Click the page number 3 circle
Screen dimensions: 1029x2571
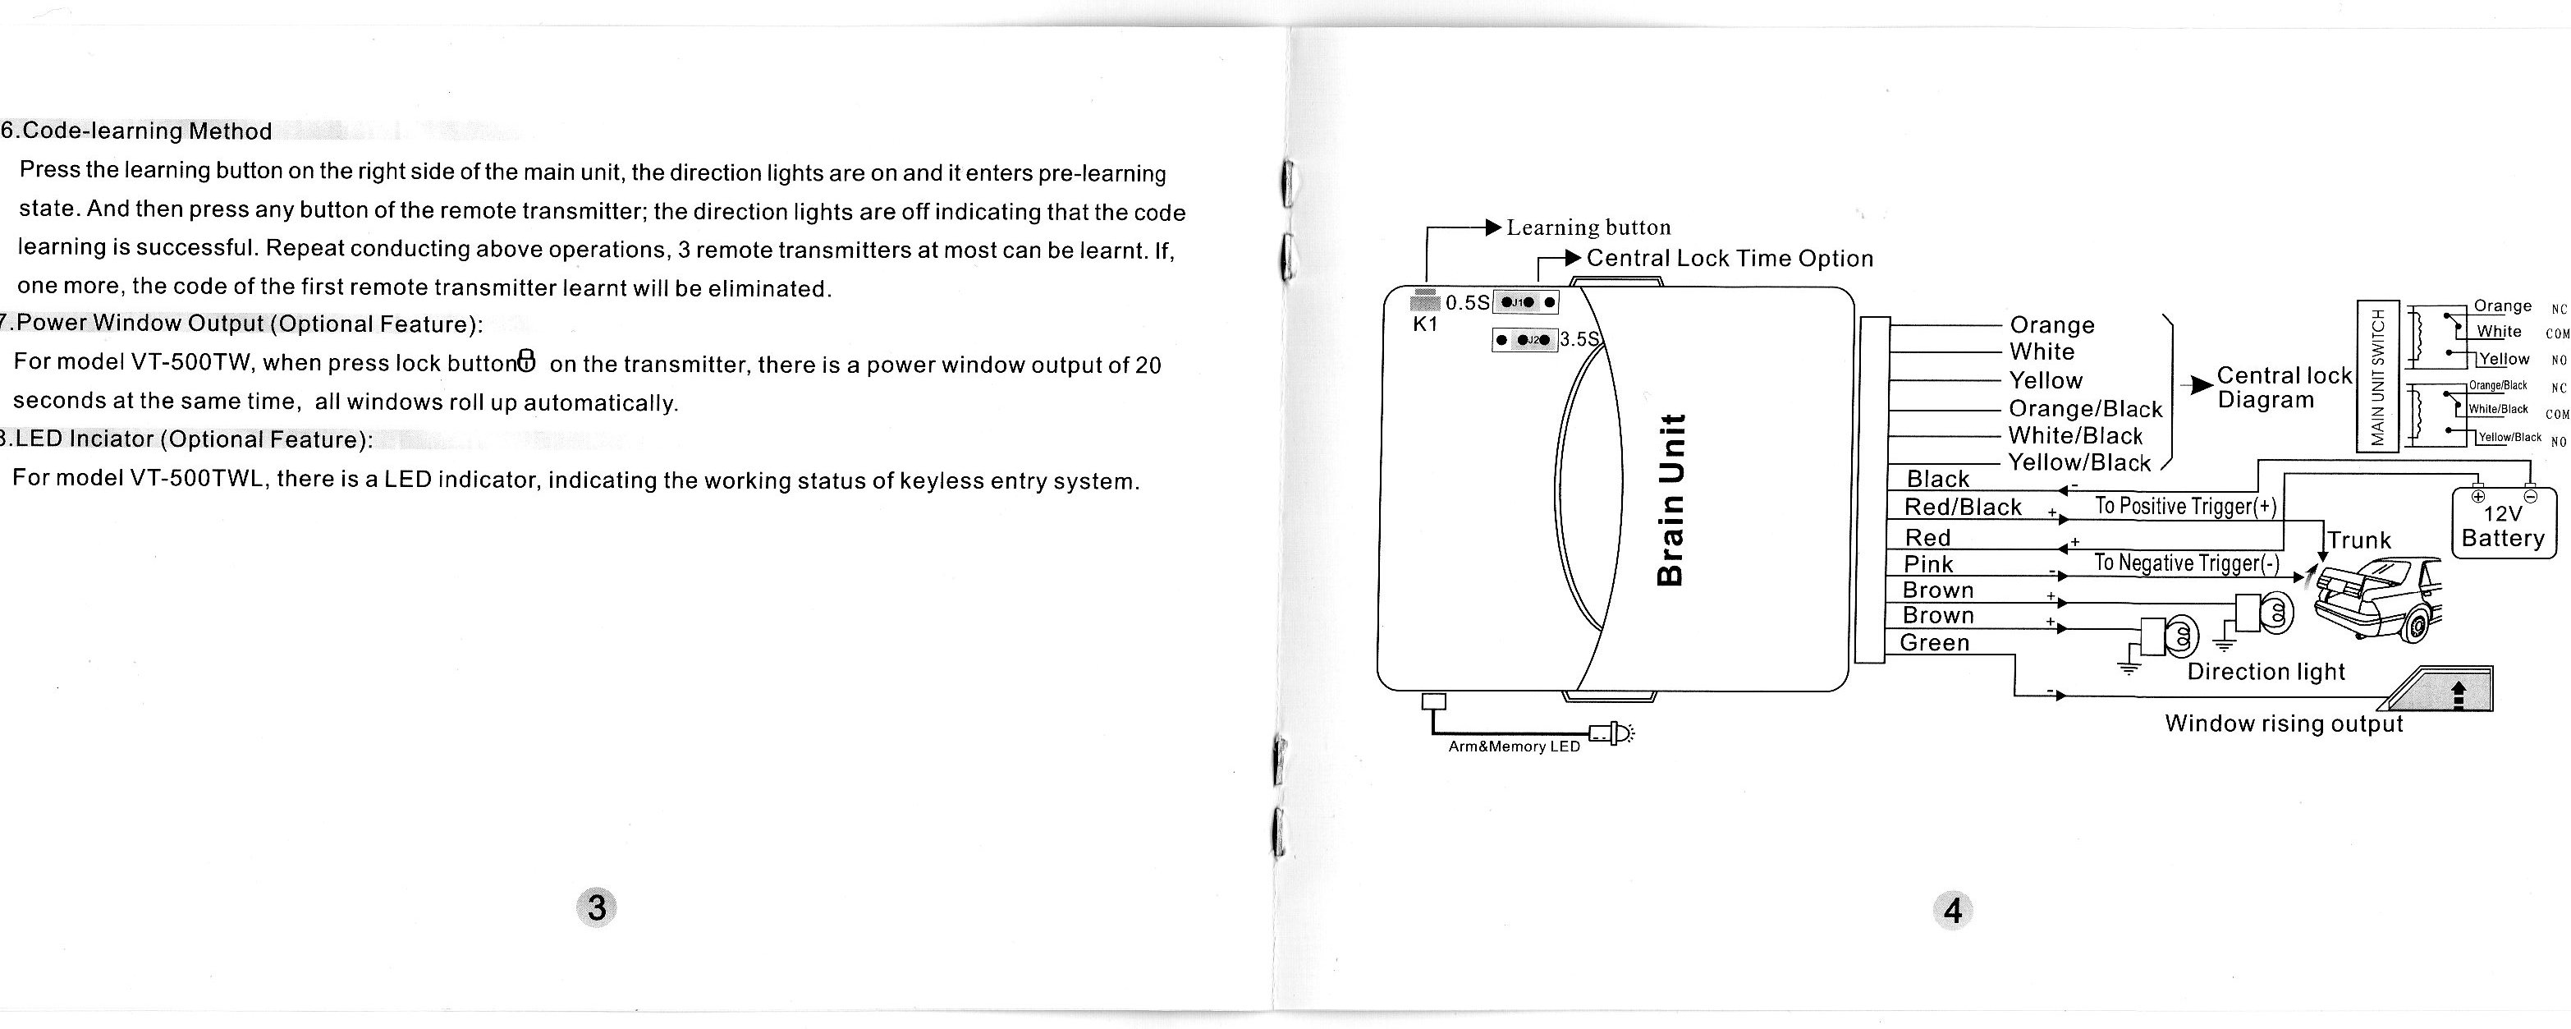(x=597, y=907)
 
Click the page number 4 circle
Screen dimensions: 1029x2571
(x=1953, y=910)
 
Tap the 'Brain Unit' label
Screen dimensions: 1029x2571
(x=1670, y=499)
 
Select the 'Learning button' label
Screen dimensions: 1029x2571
(x=1588, y=227)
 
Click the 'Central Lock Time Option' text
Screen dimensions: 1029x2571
(x=1730, y=259)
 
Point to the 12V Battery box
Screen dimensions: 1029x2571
(x=2503, y=525)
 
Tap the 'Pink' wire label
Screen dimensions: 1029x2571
(x=1928, y=564)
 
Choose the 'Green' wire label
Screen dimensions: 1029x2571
(x=1934, y=643)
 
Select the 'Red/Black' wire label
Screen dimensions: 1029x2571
(x=1962, y=507)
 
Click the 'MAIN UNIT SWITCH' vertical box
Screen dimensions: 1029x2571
(x=2377, y=376)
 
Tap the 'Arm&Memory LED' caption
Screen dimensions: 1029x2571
(x=1514, y=746)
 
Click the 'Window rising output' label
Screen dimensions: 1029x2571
(x=2284, y=724)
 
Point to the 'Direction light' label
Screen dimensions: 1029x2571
(x=2266, y=672)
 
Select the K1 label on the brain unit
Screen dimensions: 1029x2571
(x=1425, y=324)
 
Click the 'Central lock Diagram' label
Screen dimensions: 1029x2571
(x=2284, y=388)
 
